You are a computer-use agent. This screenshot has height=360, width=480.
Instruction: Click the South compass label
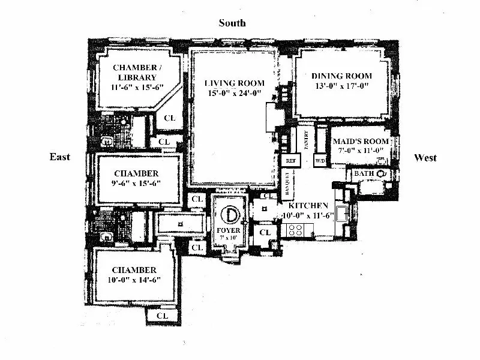tap(232, 23)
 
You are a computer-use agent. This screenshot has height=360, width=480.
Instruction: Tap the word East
tap(59, 157)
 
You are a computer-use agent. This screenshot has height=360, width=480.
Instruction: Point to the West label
tap(425, 158)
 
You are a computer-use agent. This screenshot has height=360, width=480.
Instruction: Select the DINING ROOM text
tap(341, 76)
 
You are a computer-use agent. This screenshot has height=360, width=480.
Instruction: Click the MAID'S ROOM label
tap(361, 142)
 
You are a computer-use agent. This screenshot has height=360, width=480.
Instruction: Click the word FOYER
tap(228, 230)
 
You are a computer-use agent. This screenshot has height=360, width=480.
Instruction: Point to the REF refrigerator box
tap(291, 161)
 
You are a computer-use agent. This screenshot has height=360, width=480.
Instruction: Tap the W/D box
tap(319, 161)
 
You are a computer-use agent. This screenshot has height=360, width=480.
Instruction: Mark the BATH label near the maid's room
tap(364, 173)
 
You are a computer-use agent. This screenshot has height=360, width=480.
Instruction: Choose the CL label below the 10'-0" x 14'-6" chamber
tap(161, 315)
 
